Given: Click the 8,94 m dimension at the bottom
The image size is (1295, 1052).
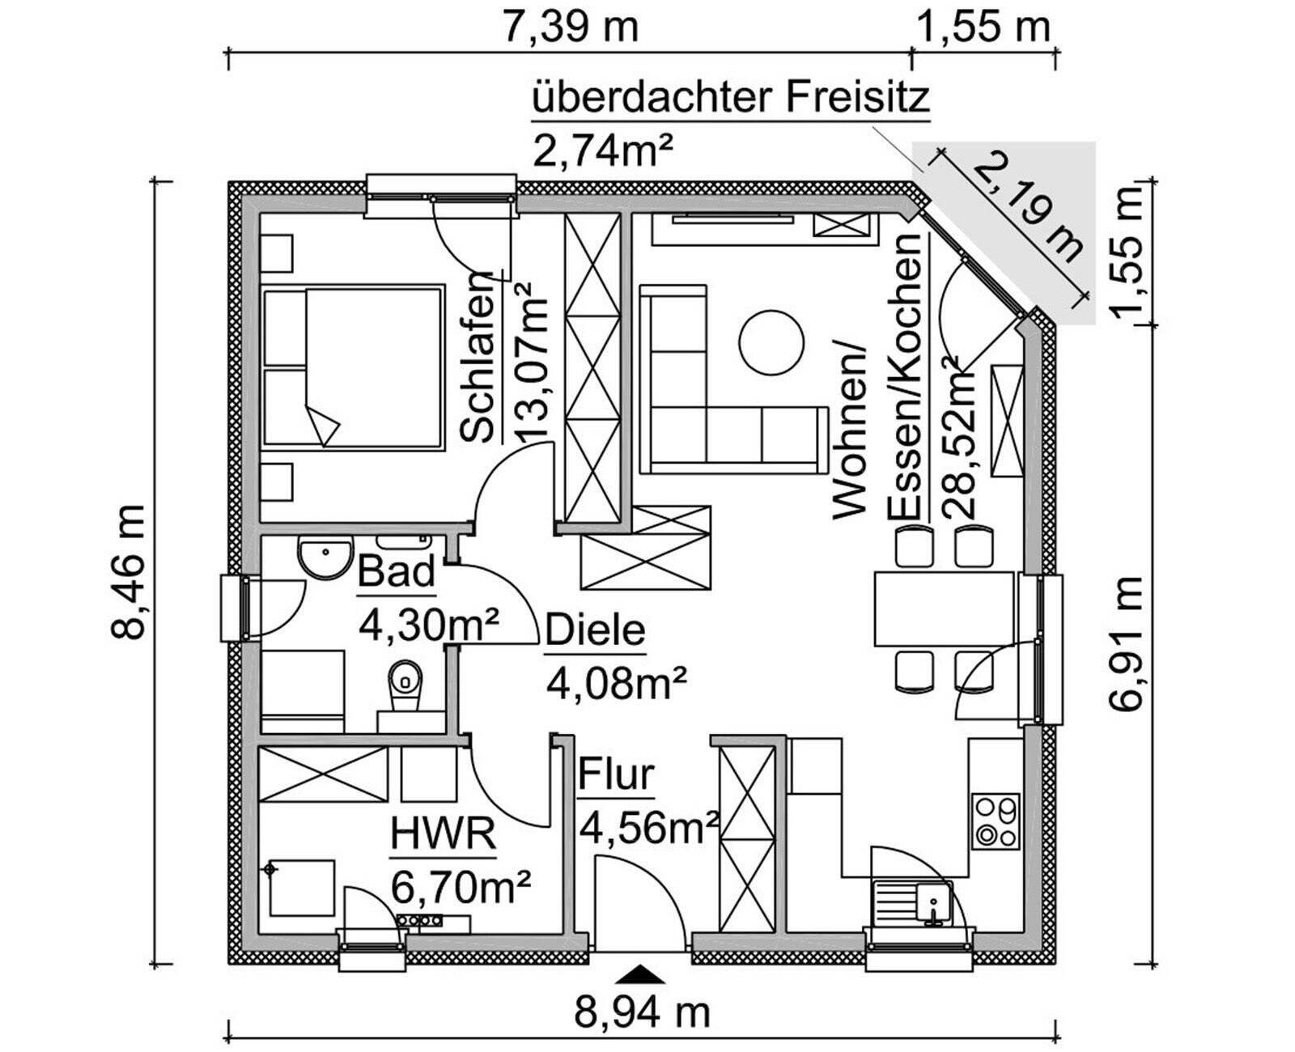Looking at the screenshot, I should point(642,1012).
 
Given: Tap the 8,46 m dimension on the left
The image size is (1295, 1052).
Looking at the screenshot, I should point(129,571).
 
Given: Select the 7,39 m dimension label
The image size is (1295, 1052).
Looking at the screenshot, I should point(571,27).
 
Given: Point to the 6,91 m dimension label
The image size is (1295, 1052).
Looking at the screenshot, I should point(1127,643).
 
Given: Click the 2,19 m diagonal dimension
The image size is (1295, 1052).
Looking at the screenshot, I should point(1028,209).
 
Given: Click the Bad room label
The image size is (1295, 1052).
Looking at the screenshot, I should point(397,572).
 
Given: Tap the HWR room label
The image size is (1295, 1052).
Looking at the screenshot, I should point(443,834).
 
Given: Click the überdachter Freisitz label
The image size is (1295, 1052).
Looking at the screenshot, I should point(730,99).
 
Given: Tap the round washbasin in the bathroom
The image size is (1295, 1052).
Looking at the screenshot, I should point(325,555).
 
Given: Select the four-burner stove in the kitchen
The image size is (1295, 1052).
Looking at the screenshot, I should point(995,821).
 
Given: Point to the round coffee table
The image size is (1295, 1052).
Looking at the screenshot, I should point(771,342).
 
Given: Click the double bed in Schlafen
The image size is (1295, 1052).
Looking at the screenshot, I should point(354,366).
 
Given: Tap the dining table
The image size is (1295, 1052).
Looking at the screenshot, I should point(944,605).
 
